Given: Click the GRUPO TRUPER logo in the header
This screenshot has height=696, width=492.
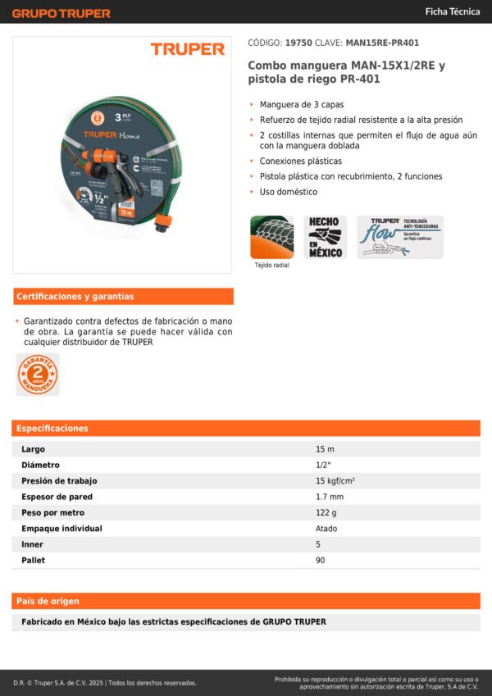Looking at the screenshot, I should coord(61,13).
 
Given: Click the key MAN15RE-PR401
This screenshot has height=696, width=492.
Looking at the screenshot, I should coord(384,43).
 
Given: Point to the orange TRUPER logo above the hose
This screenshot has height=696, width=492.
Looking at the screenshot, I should coord(187,49).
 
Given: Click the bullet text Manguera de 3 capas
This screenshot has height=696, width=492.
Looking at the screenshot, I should coord(302,104).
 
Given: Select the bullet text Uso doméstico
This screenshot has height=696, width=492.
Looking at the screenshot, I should coord(289,192).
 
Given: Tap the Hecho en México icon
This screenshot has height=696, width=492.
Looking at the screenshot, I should coord(326,237).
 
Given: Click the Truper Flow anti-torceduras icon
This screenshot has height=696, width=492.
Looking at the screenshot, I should coord(399,237).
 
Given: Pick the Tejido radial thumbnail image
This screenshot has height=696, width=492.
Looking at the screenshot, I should coord(271,237).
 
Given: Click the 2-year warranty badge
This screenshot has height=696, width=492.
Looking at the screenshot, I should coord(38,375).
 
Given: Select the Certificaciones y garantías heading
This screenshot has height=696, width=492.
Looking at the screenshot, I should coord(75,296).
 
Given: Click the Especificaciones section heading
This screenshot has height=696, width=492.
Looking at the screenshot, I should coord(52,428).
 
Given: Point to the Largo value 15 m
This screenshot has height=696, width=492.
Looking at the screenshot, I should coord(325,449).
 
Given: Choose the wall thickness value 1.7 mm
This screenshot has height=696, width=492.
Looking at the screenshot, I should coord(330,497).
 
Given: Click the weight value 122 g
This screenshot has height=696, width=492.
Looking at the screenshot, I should coord(326,512).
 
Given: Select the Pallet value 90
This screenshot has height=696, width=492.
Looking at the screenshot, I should coord(321,560).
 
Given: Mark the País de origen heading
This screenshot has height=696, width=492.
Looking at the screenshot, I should coord(49,601).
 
